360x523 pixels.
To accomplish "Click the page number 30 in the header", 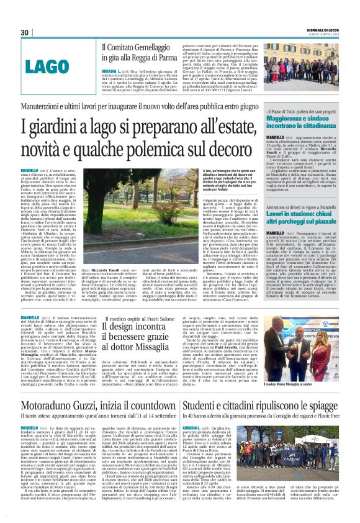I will pos(25,32).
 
